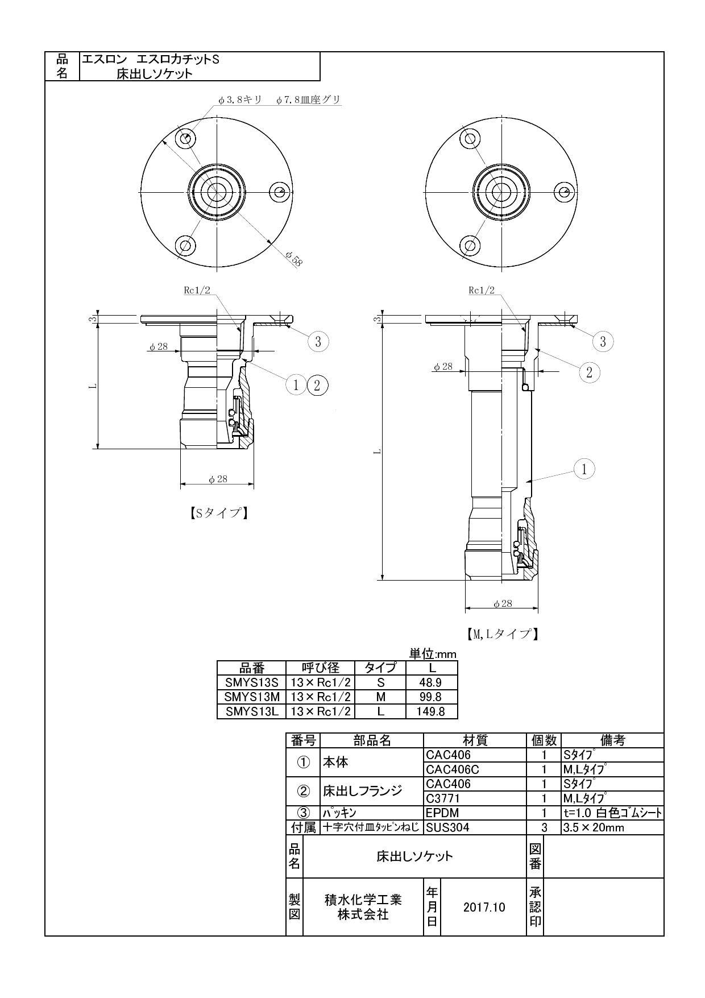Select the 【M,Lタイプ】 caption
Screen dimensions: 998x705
pos(499,633)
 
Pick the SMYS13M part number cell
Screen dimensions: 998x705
pos(252,697)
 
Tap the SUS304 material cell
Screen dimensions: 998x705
pos(447,827)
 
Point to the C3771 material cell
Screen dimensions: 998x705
pos(443,798)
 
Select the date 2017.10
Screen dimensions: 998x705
pos(484,907)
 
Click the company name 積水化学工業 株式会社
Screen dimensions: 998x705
pos(363,907)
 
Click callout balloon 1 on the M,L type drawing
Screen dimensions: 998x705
pos(584,469)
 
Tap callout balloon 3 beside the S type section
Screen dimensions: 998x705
pos(318,341)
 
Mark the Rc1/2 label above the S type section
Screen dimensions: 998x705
pos(197,290)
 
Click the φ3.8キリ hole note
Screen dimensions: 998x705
pos(240,100)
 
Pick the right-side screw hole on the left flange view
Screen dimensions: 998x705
pos(279,192)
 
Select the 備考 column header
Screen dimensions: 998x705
pos(612,740)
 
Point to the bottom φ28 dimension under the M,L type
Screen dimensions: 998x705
pos(503,603)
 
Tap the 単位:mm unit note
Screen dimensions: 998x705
pos(433,654)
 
